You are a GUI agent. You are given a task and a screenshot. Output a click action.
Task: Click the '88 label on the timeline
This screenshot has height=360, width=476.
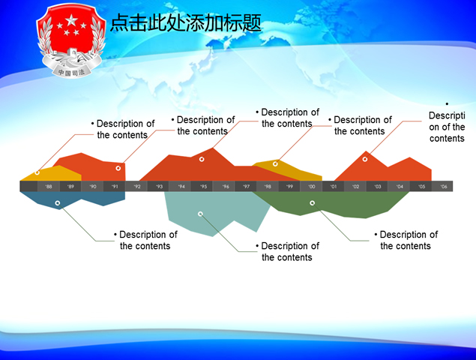[49, 187]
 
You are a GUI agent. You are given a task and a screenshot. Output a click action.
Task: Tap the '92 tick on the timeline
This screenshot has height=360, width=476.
[137, 187]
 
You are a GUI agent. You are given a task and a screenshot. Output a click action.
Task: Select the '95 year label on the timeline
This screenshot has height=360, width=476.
[203, 187]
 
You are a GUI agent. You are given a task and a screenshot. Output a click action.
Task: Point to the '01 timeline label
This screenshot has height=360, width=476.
[334, 187]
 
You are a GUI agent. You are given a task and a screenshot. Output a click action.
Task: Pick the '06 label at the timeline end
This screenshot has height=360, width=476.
[444, 187]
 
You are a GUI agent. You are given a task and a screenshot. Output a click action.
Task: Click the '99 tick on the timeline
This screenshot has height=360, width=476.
[290, 187]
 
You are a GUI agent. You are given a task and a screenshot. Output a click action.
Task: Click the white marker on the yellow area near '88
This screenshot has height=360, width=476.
[37, 173]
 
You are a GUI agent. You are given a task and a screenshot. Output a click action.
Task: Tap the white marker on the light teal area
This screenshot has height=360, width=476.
[200, 214]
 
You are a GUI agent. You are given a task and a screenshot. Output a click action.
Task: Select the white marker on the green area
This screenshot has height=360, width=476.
[313, 202]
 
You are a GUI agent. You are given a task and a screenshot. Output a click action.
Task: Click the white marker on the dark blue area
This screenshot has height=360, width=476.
[58, 202]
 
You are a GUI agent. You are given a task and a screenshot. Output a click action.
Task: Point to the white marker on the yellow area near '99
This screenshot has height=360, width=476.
[275, 163]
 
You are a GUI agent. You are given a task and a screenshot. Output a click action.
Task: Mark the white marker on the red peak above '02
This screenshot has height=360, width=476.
[366, 158]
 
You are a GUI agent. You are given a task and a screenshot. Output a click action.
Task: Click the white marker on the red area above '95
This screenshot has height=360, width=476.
[202, 159]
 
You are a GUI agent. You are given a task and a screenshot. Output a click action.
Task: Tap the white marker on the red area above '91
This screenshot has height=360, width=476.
[118, 168]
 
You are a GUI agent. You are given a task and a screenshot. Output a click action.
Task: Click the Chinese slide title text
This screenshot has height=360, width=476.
[186, 24]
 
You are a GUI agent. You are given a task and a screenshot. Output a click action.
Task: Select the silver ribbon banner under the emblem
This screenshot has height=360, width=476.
[72, 72]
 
